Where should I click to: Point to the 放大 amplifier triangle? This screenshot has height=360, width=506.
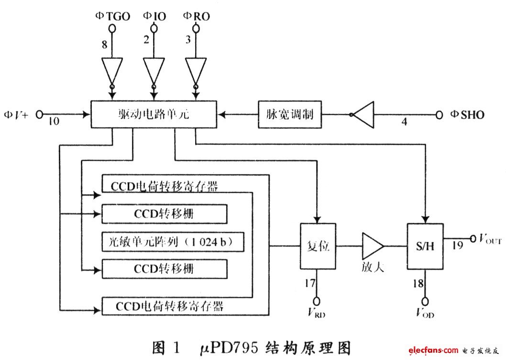[x=372, y=247]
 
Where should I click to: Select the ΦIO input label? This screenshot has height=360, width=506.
[x=154, y=16]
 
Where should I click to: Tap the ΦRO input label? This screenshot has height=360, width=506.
[x=196, y=16]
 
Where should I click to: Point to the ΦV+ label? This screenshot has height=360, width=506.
[x=17, y=115]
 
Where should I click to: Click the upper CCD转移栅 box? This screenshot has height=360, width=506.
[x=165, y=214]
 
